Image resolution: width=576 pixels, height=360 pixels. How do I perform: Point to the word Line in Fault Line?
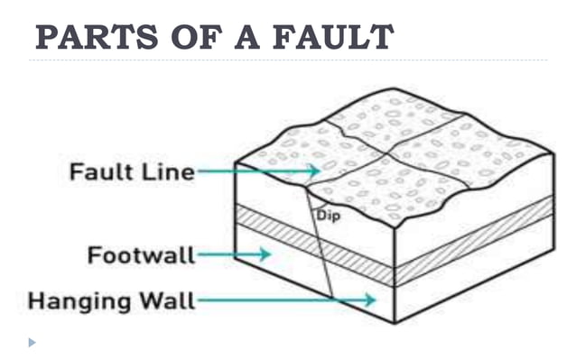pos(169,171)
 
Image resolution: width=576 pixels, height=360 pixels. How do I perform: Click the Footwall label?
pos(141,255)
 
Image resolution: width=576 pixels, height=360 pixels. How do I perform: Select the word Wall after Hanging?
pos(166,300)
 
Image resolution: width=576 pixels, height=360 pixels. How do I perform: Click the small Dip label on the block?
pos(328,215)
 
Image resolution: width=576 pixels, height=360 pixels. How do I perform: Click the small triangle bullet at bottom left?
pos(33,343)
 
